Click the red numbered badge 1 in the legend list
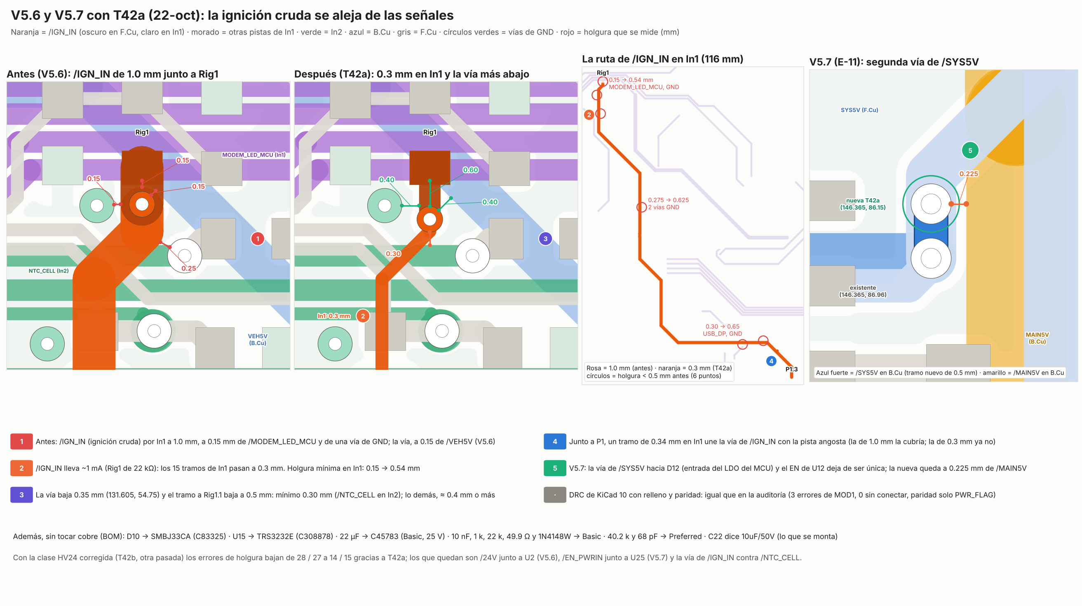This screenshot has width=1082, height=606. point(21,442)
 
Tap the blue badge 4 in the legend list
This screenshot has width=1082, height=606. point(554,442)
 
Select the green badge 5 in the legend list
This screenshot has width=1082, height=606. point(554,468)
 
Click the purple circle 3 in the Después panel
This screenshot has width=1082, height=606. point(545,239)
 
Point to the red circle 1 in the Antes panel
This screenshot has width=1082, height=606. point(258,239)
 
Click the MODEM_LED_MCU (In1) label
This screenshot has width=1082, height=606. point(253,155)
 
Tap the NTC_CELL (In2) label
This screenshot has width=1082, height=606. point(48,271)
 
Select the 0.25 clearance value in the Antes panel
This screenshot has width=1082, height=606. point(189,268)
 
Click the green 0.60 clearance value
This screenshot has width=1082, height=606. point(470,170)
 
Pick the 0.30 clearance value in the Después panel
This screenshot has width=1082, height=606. point(393,254)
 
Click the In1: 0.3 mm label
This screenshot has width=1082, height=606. point(333,316)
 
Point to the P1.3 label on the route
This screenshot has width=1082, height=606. point(791,369)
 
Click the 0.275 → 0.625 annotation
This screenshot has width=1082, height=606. point(668,200)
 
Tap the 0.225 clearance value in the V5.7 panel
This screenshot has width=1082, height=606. point(969,174)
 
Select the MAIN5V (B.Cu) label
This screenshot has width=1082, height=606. point(1037,338)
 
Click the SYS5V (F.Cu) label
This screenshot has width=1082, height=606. point(859,110)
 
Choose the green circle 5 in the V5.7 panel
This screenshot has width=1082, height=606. point(970,150)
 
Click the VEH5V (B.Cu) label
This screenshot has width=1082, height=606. point(258,339)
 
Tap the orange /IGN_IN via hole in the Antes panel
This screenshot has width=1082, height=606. point(142,204)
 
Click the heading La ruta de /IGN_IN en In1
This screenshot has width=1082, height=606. point(662,59)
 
